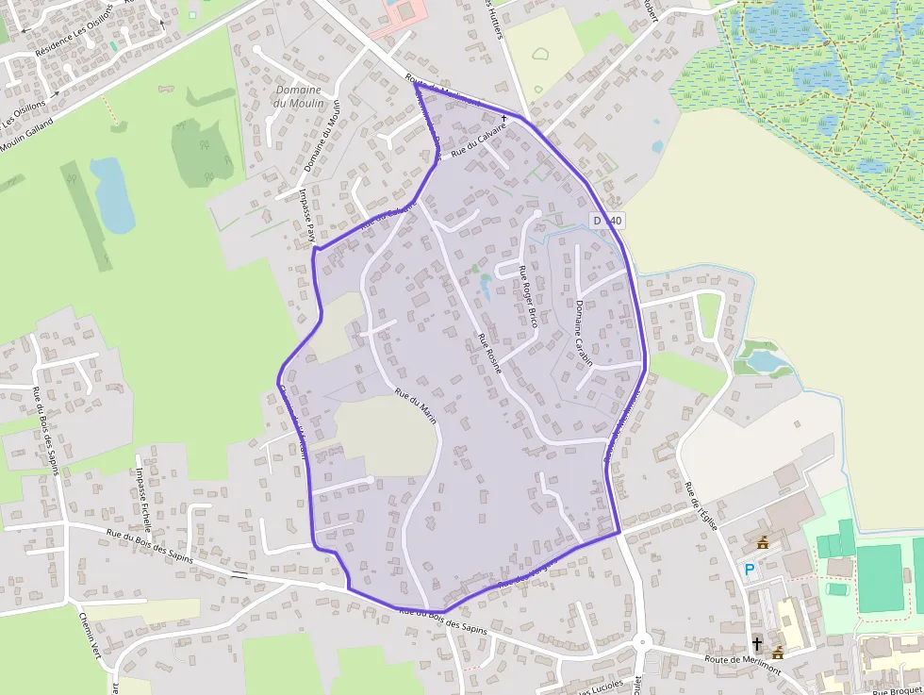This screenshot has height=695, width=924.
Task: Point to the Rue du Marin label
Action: [416, 405]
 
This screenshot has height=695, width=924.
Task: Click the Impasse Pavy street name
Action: [305, 215]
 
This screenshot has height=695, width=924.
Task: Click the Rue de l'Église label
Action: [701, 505]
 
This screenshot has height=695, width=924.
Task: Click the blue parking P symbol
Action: [750, 570]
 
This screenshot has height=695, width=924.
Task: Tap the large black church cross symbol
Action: [756, 644]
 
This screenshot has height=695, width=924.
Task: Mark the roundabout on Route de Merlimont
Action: [643, 643]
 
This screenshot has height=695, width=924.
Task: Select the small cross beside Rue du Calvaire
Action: [504, 119]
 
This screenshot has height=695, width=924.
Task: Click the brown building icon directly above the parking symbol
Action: [763, 542]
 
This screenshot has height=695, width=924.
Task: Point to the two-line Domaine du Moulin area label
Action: [298, 96]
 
